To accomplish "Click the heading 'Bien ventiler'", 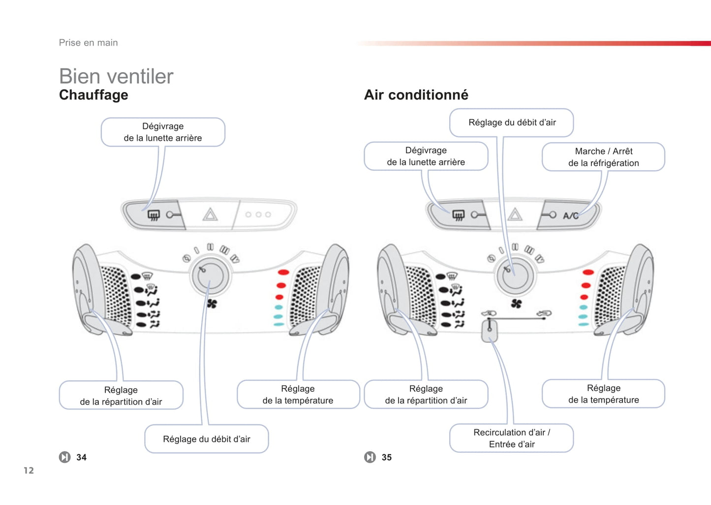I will click(x=116, y=76).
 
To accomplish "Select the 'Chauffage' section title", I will click(x=93, y=95).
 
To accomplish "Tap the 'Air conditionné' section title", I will click(x=416, y=95).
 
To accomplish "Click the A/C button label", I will click(x=570, y=216).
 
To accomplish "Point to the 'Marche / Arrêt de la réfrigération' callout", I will click(x=603, y=157).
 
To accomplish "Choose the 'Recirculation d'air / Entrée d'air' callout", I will click(x=511, y=438).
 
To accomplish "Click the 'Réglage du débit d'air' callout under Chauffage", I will click(x=207, y=439).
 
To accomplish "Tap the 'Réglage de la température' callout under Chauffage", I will click(x=298, y=394).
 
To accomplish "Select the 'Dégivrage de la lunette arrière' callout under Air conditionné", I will click(x=426, y=156).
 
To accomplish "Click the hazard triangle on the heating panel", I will click(x=210, y=215).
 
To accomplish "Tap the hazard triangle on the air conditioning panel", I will click(x=515, y=215).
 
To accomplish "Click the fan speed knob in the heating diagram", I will click(x=210, y=276).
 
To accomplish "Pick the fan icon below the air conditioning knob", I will click(x=516, y=304).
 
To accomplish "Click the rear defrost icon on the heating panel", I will click(x=154, y=215).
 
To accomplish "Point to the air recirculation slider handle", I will click(x=489, y=332).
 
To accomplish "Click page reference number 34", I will click(x=82, y=457).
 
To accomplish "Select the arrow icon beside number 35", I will click(x=370, y=457).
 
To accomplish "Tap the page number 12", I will click(x=29, y=471).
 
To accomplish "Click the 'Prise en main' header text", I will click(x=89, y=43).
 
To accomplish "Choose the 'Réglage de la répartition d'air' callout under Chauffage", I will click(x=121, y=396).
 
